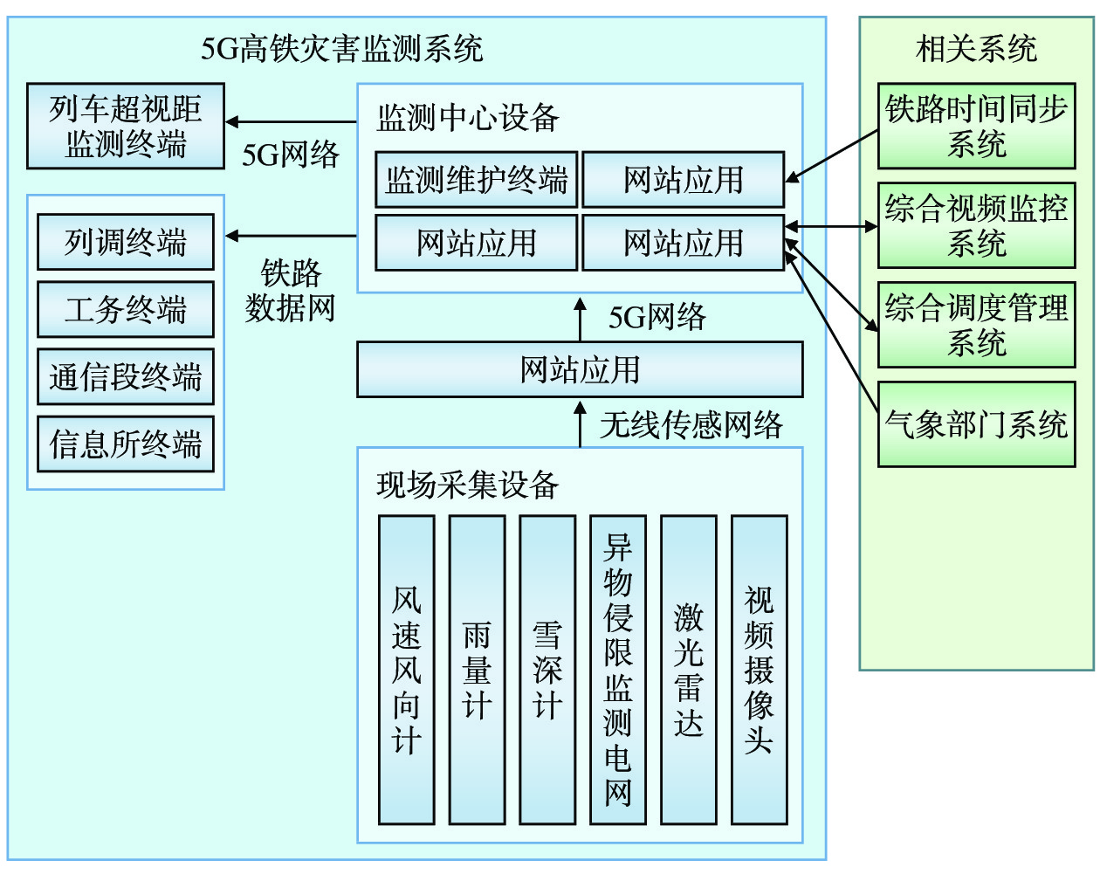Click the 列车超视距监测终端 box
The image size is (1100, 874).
point(126,126)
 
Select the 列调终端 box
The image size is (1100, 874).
point(126,242)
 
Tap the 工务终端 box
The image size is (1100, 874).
point(126,309)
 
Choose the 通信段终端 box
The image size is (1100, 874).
point(126,376)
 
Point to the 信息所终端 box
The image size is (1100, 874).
point(126,444)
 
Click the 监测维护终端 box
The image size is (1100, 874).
point(477,180)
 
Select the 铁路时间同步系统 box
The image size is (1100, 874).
point(976,126)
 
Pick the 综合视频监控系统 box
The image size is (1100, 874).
point(976,225)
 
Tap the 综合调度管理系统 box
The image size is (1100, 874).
point(976,324)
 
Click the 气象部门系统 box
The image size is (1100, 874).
point(976,424)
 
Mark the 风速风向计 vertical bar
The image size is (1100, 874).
point(407,670)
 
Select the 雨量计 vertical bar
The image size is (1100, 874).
point(477,670)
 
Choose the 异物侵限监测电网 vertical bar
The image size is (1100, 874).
point(618,670)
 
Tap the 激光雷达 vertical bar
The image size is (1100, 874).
point(689,670)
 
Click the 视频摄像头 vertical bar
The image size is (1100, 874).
point(760,670)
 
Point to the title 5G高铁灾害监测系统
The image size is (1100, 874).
point(342,48)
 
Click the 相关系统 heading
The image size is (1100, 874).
point(976,48)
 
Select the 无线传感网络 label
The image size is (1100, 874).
point(691,425)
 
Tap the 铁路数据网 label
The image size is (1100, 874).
point(291,291)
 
